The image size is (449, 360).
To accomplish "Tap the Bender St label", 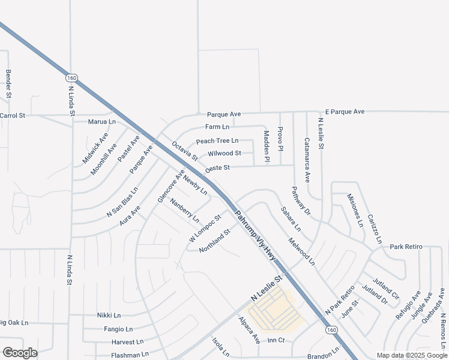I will pos(8,83).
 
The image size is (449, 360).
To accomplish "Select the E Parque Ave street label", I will pos(345,112).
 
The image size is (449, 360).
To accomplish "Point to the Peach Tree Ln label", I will pos(217,141).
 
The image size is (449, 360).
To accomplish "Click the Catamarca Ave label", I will pos(307,160).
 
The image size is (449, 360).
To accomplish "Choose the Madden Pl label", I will pos(267,147).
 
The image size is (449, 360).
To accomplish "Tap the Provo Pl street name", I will pos(280,139).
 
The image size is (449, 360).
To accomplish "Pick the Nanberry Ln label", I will pos(184,210).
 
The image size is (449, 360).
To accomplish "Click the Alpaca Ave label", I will pos(249,330).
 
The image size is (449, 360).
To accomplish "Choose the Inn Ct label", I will pos(276,340).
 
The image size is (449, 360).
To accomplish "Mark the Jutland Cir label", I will pos(385,289).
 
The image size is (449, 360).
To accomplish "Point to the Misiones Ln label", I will pos(356,210).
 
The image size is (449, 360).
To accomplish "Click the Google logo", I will pos(20,353).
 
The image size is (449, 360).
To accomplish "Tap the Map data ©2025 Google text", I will pos(412,355).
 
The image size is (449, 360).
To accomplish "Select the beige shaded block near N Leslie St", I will pos(276,312).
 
